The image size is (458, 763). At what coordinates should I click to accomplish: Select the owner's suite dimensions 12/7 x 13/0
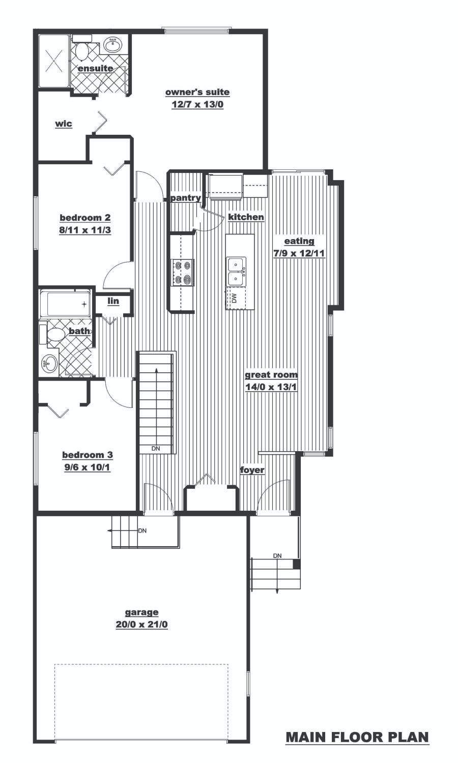(x=197, y=104)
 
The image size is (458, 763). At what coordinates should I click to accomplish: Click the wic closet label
(x=64, y=124)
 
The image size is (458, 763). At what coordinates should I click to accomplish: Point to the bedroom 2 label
(x=85, y=217)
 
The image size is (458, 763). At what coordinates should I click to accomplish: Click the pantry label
(x=185, y=198)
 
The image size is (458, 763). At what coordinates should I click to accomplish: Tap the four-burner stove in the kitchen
(x=182, y=272)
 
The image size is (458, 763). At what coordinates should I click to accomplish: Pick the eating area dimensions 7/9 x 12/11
(x=299, y=253)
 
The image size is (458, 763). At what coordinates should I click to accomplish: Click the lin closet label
(x=113, y=301)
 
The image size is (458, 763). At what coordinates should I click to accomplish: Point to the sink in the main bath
(x=49, y=364)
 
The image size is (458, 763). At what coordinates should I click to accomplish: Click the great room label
(x=271, y=375)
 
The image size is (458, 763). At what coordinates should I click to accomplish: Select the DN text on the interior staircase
(x=156, y=449)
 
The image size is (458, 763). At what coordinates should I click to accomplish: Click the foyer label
(x=252, y=471)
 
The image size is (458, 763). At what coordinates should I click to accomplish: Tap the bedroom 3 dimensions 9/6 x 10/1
(x=87, y=467)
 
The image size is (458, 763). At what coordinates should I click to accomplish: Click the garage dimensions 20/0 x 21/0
(x=141, y=625)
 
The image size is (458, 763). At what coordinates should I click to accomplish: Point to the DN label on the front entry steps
(x=277, y=555)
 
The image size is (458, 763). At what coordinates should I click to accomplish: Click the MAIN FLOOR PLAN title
(x=357, y=738)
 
